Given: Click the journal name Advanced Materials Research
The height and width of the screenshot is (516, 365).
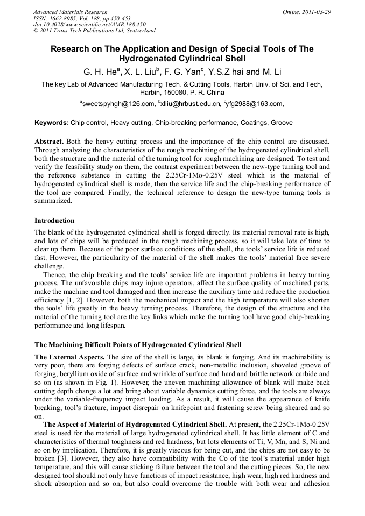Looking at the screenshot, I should tap(71, 12).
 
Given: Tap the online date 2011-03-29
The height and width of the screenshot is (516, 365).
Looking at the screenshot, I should tap(315, 12).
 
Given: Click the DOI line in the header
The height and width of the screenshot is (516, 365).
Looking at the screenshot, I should tap(89, 25).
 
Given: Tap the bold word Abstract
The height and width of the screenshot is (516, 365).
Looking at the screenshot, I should tap(51, 140).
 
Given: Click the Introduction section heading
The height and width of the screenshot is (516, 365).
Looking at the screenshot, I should tap(54, 221).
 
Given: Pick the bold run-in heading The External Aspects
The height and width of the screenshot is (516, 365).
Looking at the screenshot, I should tap(70, 357).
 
